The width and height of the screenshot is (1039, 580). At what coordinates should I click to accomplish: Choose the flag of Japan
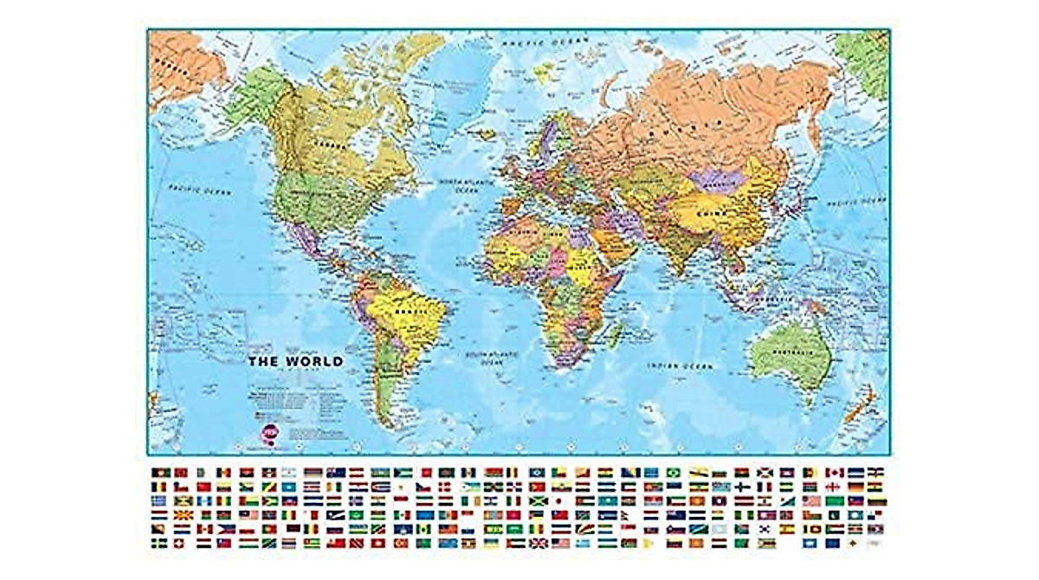point(559,500)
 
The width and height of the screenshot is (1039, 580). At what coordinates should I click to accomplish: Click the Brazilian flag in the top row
point(673,473)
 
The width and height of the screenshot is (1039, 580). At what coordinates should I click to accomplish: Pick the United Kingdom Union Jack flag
point(538,543)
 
